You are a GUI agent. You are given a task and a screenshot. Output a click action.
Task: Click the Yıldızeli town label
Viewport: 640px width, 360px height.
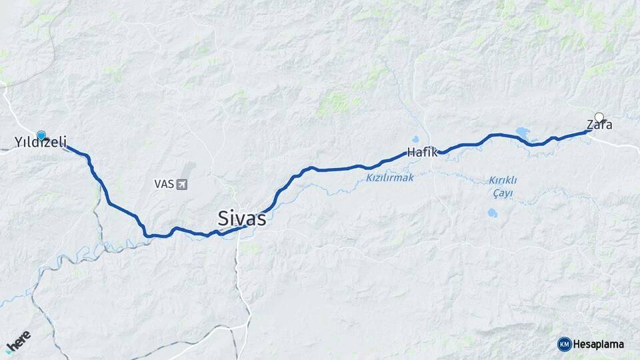(x=41, y=142)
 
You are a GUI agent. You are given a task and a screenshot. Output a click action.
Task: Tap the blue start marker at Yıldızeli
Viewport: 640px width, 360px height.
(x=41, y=135)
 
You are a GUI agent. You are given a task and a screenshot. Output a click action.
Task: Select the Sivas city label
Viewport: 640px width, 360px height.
(x=241, y=217)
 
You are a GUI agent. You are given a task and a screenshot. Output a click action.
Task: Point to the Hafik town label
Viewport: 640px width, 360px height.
(x=422, y=152)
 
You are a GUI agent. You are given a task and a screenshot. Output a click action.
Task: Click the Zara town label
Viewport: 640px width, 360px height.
(x=599, y=125)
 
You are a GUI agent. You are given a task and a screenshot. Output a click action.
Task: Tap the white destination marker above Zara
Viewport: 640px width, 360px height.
(x=599, y=117)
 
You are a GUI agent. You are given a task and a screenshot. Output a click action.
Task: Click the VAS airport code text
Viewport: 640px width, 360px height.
(x=163, y=183)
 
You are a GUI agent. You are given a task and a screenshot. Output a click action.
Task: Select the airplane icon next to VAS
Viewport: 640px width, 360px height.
(x=182, y=183)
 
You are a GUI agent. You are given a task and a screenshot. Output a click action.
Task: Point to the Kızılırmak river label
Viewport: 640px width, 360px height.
(x=390, y=177)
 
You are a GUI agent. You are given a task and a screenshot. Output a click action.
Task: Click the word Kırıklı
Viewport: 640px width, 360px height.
(x=503, y=180)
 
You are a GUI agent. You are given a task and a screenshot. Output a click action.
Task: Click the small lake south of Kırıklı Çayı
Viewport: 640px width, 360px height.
(x=492, y=213)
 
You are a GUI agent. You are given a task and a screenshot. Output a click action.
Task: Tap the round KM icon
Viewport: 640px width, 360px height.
(x=564, y=344)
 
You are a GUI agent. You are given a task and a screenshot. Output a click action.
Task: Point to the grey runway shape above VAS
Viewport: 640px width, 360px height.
(x=189, y=167)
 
